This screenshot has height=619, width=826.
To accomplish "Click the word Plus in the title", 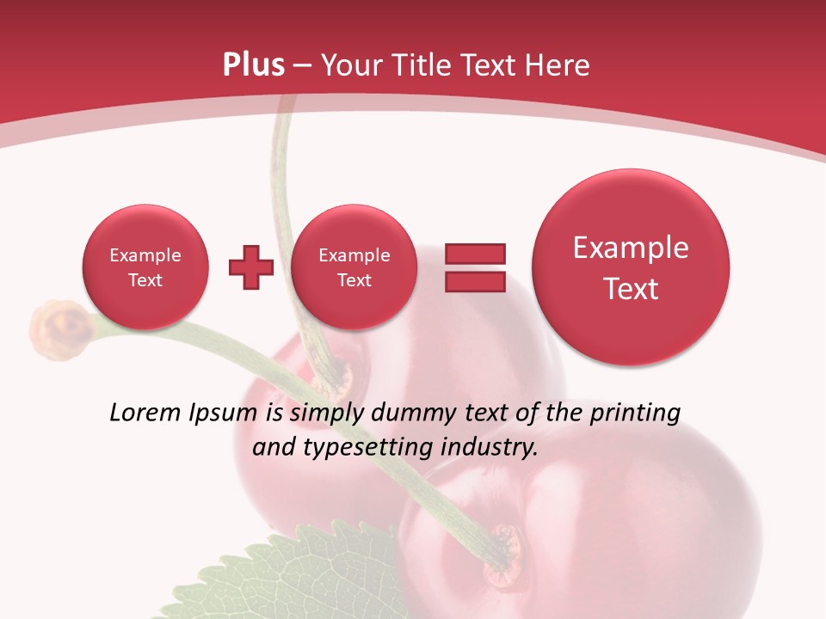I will click(x=253, y=65).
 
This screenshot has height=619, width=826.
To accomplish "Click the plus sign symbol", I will click(x=250, y=267).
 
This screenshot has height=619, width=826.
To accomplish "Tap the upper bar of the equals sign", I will click(x=474, y=254).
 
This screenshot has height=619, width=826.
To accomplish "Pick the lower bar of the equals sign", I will click(x=474, y=282).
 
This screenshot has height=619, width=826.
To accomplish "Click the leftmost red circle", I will click(x=145, y=267).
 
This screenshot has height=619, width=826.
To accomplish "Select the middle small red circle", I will click(x=354, y=267).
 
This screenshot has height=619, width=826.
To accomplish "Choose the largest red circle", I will click(x=631, y=267).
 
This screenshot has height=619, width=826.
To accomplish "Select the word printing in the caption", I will click(x=634, y=414).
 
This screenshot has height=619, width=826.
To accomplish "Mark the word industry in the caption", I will click(x=488, y=448).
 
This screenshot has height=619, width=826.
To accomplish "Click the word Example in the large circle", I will click(x=631, y=248).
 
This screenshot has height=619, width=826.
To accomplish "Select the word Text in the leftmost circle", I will click(x=145, y=280).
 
